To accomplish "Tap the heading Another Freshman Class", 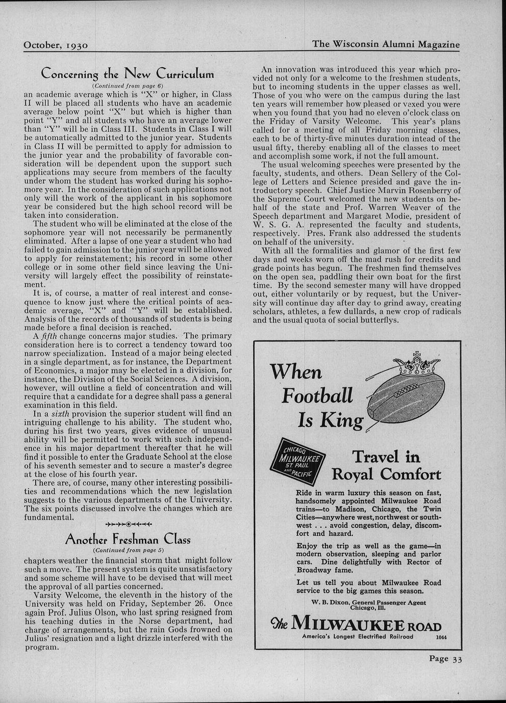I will click(128, 539).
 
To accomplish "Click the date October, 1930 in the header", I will click(56, 45).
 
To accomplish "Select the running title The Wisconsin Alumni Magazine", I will click(386, 44).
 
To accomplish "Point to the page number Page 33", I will click(445, 658).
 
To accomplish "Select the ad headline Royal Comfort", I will click(386, 474).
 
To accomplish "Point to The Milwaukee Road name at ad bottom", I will click(357, 626).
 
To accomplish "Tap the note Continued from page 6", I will click(128, 86).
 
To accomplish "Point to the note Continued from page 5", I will click(128, 551).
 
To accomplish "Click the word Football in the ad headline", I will click(317, 395).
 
